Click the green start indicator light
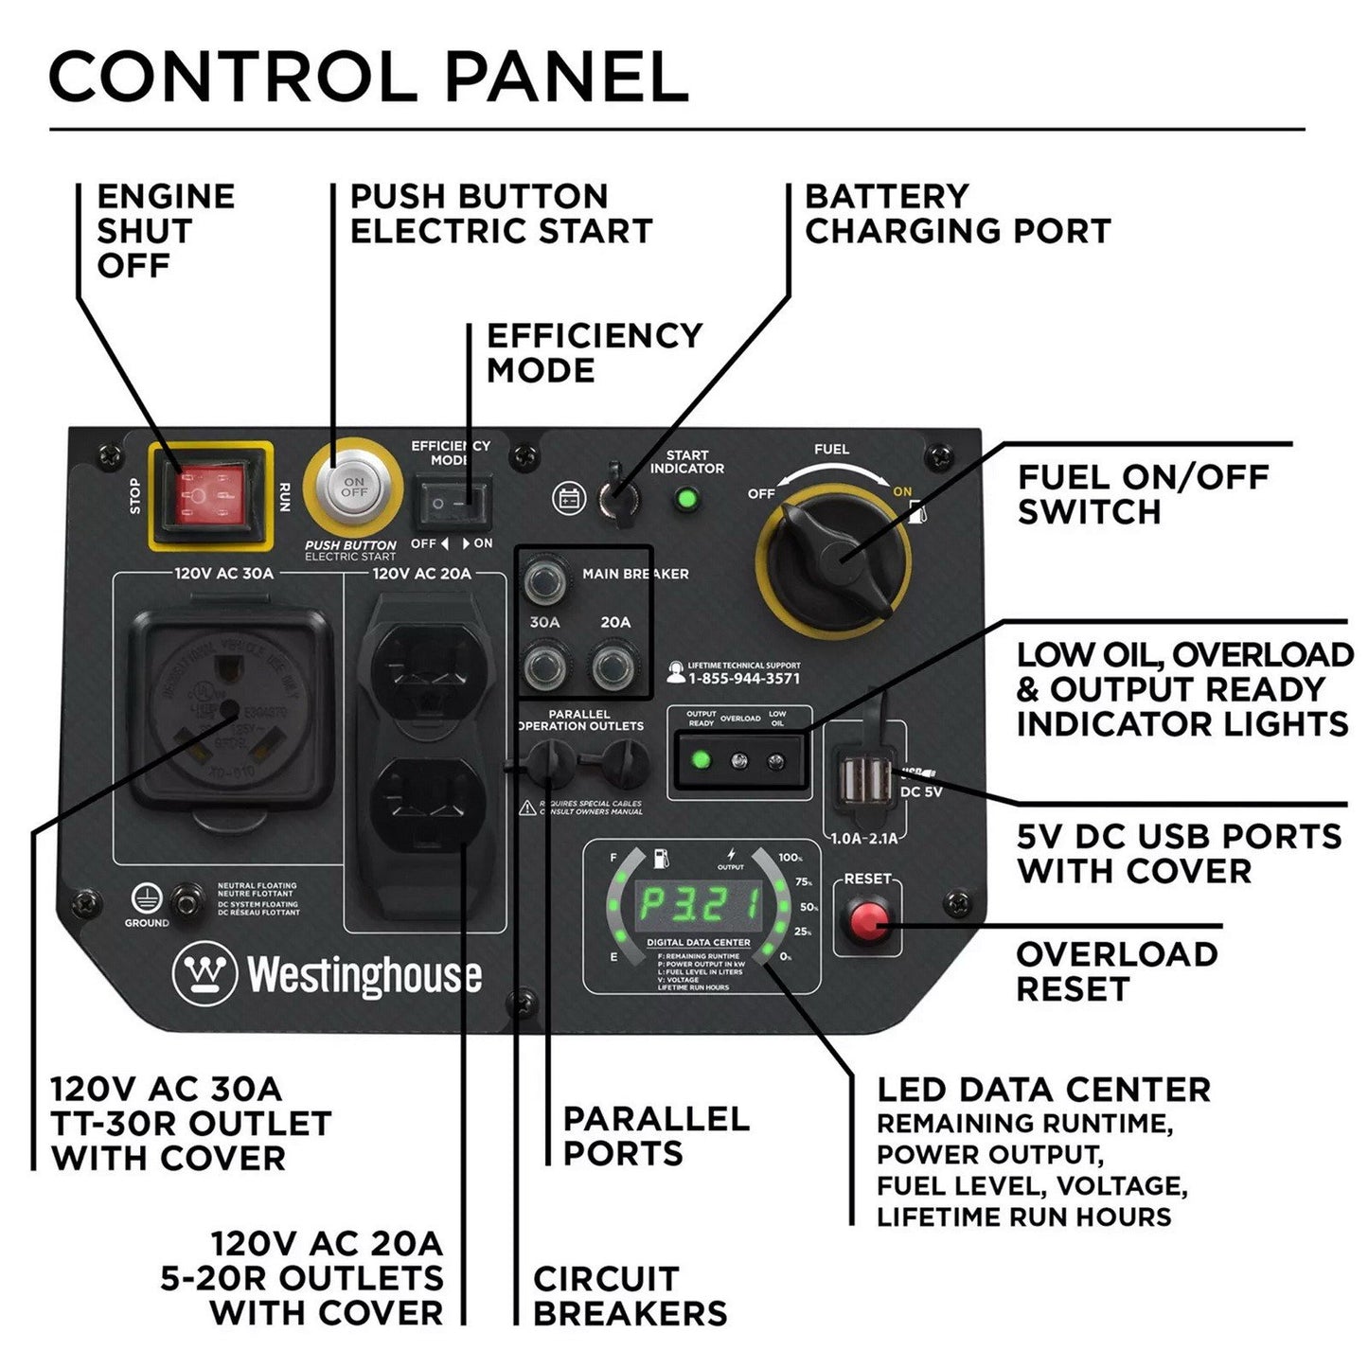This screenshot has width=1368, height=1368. click(x=688, y=498)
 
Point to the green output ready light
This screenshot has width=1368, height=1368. click(x=702, y=759)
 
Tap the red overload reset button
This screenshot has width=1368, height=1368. click(x=867, y=917)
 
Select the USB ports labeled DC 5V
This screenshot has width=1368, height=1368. click(x=863, y=780)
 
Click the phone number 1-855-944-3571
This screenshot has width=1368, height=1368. click(x=744, y=679)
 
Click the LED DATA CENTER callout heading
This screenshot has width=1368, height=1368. click(x=1043, y=1089)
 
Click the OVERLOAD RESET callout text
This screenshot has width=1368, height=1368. click(x=1116, y=971)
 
